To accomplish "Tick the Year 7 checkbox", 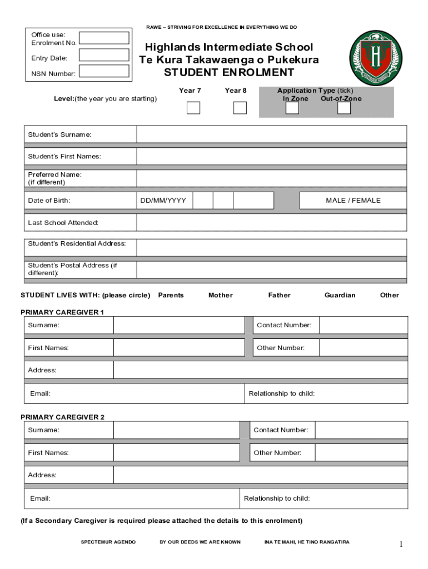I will pos(193,108).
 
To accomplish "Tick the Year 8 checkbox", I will pos(240,108).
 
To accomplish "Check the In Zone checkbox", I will pos(292,108).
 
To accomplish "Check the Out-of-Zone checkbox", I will pos(344,108).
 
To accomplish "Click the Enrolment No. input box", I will pos(104,38).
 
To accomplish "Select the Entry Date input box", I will pos(104,55).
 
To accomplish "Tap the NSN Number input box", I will pos(104,71).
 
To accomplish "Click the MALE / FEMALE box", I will pos(353,201).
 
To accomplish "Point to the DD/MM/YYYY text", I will pos(163,201).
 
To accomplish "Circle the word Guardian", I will pos(340,295).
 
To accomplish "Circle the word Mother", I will pos(221,295).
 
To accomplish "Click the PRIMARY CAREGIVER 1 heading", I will pos(62,312).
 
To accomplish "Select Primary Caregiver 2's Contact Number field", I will pos(361,430).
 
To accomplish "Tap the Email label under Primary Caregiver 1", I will pos(40,393).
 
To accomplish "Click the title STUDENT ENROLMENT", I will pos(229,73).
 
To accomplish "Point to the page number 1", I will pos(400,545).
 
